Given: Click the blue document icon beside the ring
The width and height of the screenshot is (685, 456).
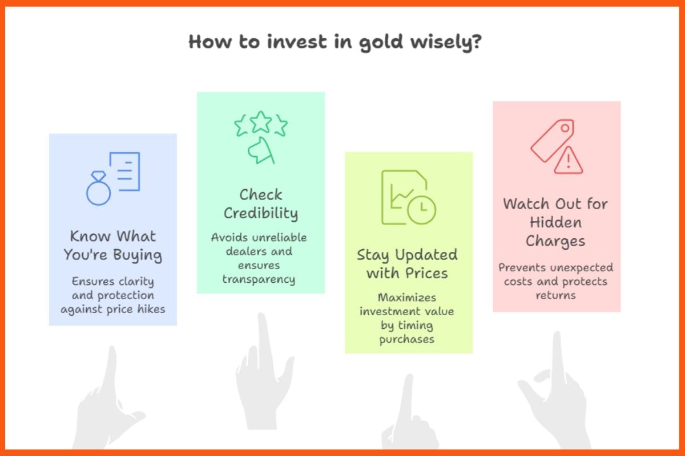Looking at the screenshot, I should coord(124,172).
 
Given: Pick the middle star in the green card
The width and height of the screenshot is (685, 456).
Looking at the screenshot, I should coord(261,121).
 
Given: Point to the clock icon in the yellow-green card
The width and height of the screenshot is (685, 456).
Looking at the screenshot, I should coord(422,210).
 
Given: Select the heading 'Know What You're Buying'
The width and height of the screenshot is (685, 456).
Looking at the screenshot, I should coord(113,246).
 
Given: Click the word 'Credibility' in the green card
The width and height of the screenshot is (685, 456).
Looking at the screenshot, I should coord(261,213).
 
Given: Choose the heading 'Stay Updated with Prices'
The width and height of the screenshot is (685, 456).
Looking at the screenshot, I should coord(408,264).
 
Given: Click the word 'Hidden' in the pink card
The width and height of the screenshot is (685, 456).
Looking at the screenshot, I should coord(555,222).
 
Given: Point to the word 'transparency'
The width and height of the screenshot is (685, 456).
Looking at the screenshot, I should coord(259,279).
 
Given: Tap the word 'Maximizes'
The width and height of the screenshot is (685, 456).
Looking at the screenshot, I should coord(408,298).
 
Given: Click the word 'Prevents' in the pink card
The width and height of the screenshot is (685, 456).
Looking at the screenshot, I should coord(522,267).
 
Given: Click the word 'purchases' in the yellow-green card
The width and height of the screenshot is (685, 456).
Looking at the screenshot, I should coord(408,339).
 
